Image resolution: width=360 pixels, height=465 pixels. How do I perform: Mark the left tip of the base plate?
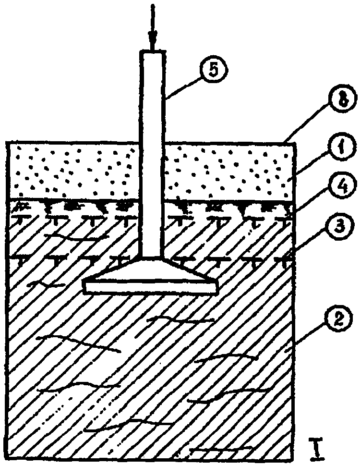point(84,287)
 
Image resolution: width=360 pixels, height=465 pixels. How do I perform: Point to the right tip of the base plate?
point(219,287)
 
